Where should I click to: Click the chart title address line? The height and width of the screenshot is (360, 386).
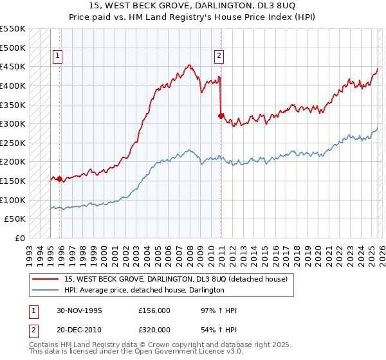(193, 6)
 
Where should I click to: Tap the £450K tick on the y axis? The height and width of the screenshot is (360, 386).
(13, 66)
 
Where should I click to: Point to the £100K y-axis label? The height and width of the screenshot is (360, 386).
(13, 200)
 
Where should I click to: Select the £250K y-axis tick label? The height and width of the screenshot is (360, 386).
(13, 143)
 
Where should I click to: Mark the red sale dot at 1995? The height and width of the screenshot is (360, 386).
(60, 179)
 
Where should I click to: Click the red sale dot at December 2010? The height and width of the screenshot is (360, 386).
(221, 116)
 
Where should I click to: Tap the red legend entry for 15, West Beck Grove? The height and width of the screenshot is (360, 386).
(179, 279)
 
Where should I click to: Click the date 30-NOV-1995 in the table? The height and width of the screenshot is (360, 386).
(79, 310)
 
